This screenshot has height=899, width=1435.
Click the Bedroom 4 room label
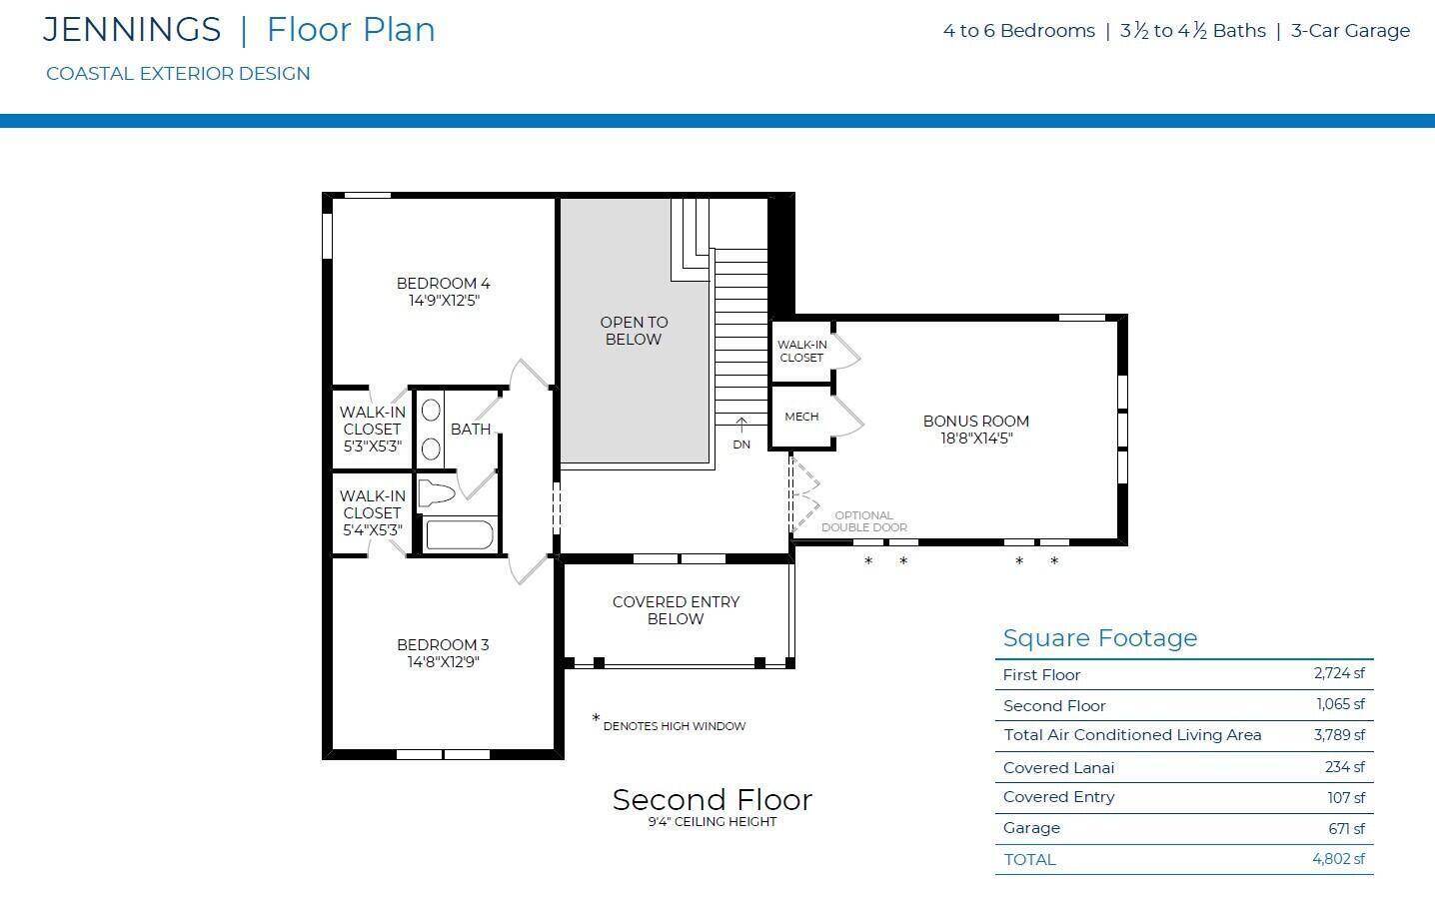pyautogui.click(x=444, y=283)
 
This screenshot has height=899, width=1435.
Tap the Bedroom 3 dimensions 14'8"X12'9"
pyautogui.click(x=444, y=661)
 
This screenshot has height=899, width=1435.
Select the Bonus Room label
pyautogui.click(x=975, y=422)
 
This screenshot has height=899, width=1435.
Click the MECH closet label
pyautogui.click(x=801, y=417)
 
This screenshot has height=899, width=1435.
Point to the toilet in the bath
pyautogui.click(x=437, y=493)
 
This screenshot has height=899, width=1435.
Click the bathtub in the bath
pyautogui.click(x=460, y=534)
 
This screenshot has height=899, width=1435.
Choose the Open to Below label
pyautogui.click(x=634, y=331)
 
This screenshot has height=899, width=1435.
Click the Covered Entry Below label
pyautogui.click(x=676, y=610)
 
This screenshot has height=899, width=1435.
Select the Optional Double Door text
pyautogui.click(x=864, y=521)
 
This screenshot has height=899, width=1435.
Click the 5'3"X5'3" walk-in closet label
pyautogui.click(x=372, y=446)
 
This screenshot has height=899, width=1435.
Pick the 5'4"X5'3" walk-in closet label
pyautogui.click(x=372, y=530)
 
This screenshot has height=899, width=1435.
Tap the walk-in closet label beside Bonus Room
pyautogui.click(x=802, y=351)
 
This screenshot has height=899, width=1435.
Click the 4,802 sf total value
pyautogui.click(x=1338, y=859)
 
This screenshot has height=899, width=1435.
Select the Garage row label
pyautogui.click(x=1031, y=828)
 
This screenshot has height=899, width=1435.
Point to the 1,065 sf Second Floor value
pyautogui.click(x=1340, y=704)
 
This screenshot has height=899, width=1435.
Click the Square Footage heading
pyautogui.click(x=1100, y=637)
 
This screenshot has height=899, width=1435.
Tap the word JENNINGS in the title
pyautogui.click(x=132, y=29)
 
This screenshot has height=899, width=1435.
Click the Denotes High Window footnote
pyautogui.click(x=669, y=724)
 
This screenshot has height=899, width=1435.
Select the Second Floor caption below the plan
pyautogui.click(x=713, y=800)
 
